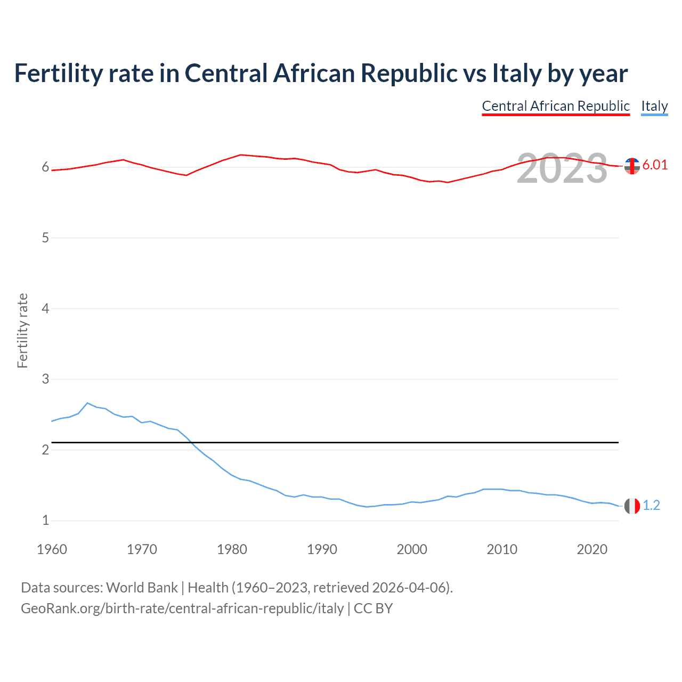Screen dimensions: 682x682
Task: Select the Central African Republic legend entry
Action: click(x=556, y=106)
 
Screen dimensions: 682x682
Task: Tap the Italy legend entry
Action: click(x=654, y=106)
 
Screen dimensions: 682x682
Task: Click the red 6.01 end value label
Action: click(x=655, y=165)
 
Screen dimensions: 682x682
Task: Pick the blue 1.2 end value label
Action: click(x=651, y=505)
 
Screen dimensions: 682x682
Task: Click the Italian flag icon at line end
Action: click(x=632, y=506)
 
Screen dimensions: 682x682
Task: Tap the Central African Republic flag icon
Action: click(x=632, y=166)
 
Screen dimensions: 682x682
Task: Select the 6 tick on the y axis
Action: click(x=45, y=167)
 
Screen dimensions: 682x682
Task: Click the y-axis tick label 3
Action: click(x=45, y=379)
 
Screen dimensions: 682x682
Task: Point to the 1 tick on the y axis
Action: click(x=45, y=520)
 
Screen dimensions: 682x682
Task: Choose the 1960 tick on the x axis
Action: click(x=52, y=549)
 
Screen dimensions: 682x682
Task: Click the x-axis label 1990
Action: click(x=322, y=549)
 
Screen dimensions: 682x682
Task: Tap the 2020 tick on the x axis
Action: click(x=592, y=549)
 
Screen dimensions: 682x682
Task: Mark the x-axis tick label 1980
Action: click(x=232, y=549)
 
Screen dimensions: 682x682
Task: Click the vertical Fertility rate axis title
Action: click(x=22, y=330)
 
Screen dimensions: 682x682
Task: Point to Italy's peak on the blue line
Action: click(x=87, y=403)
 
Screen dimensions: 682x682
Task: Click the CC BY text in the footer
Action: click(x=373, y=608)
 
